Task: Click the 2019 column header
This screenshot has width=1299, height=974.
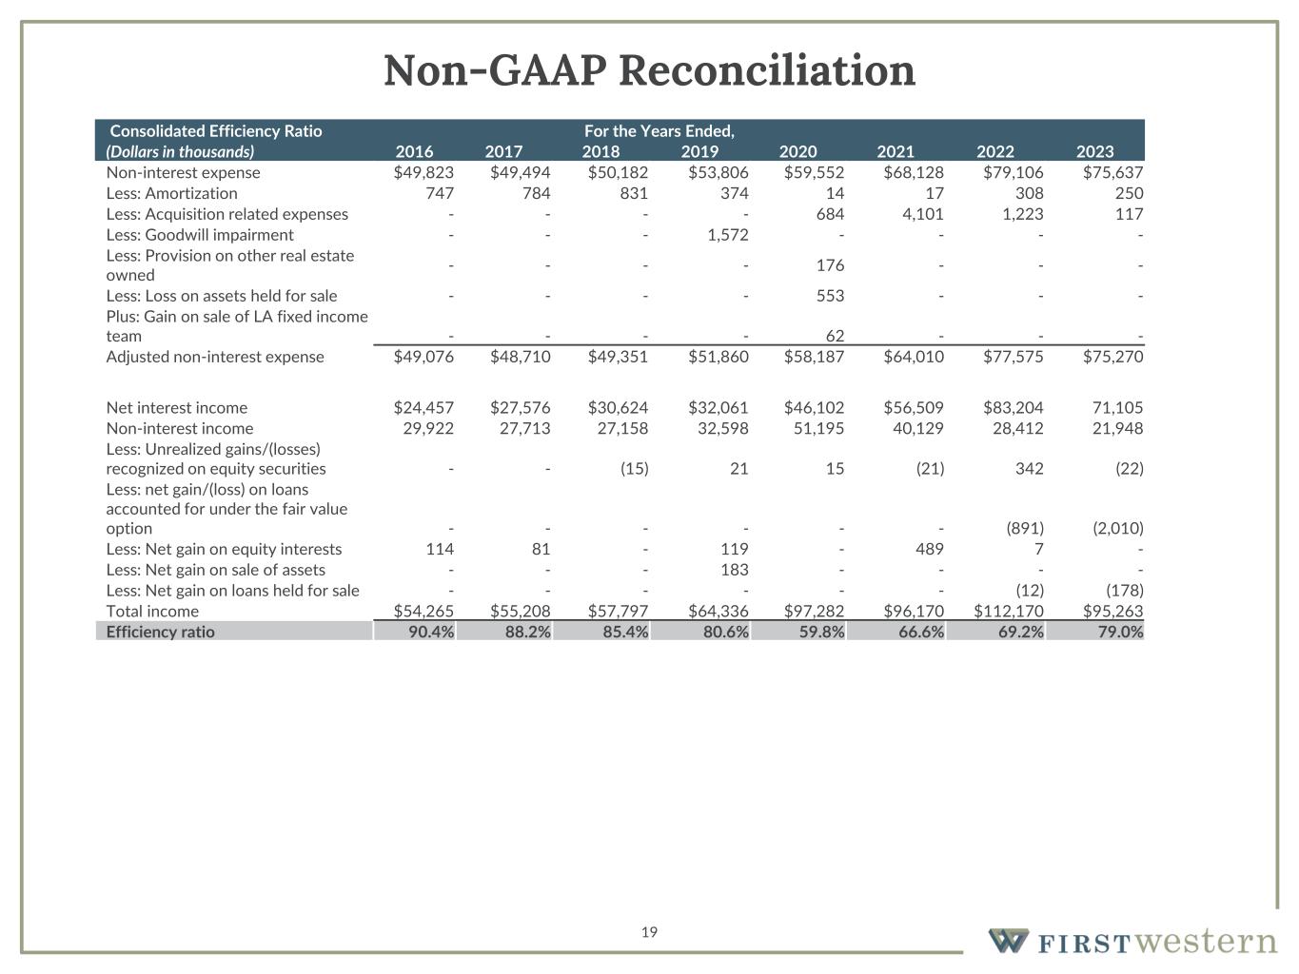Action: point(699,151)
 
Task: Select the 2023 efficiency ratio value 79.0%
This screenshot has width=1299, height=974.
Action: point(1120,632)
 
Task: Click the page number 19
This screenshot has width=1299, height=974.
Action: point(649,932)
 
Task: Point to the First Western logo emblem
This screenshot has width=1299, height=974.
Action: point(1009,941)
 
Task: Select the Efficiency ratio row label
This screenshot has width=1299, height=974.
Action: point(160,632)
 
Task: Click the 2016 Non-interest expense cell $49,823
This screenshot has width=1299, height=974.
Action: point(423,172)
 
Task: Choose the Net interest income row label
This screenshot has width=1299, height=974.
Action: point(176,408)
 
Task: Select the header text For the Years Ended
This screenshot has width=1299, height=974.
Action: point(659,131)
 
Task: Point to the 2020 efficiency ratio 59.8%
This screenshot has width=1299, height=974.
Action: point(821,632)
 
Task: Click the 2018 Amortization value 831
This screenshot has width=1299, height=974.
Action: point(633,193)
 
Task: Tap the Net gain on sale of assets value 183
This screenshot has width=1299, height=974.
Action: point(734,570)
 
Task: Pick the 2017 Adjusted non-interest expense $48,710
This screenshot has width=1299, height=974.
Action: point(520,357)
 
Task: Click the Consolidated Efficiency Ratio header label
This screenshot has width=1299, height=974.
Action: point(216,131)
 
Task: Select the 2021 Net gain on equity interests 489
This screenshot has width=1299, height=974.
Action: point(928,549)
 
